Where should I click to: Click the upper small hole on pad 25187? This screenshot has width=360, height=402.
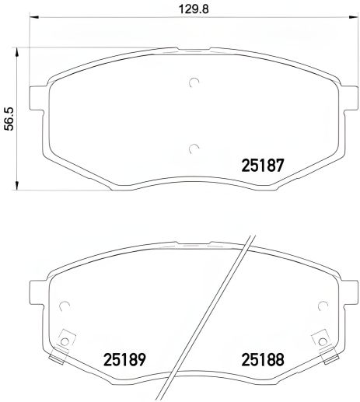[194, 82]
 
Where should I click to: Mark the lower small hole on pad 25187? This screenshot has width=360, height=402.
[194, 147]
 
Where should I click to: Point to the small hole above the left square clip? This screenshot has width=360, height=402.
[65, 305]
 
